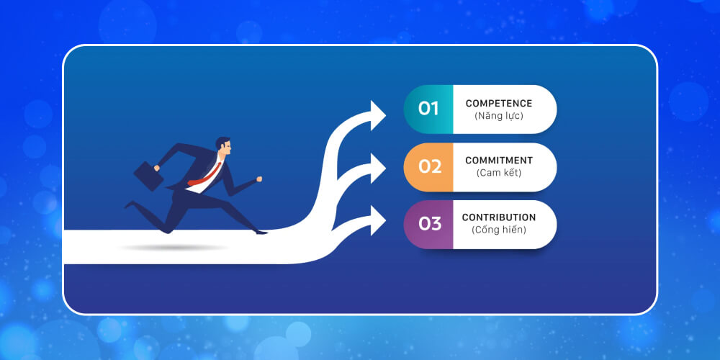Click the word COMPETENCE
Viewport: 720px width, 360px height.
pyautogui.click(x=499, y=104)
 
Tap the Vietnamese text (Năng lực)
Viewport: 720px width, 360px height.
pyautogui.click(x=499, y=116)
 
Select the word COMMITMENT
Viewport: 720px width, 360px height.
pyautogui.click(x=499, y=161)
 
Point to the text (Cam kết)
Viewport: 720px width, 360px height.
pyautogui.click(x=499, y=173)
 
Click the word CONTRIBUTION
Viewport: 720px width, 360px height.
pyautogui.click(x=499, y=217)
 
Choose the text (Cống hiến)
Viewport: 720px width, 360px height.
pyautogui.click(x=499, y=230)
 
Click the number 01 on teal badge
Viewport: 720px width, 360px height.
pyautogui.click(x=428, y=109)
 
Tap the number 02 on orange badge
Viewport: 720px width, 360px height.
pyautogui.click(x=429, y=166)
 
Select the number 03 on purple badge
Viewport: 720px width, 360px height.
pyautogui.click(x=429, y=224)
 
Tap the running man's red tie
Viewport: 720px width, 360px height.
pyautogui.click(x=205, y=173)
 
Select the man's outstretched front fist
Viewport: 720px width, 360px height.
pyautogui.click(x=259, y=179)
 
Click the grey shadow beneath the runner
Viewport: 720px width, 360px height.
pyautogui.click(x=173, y=247)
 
